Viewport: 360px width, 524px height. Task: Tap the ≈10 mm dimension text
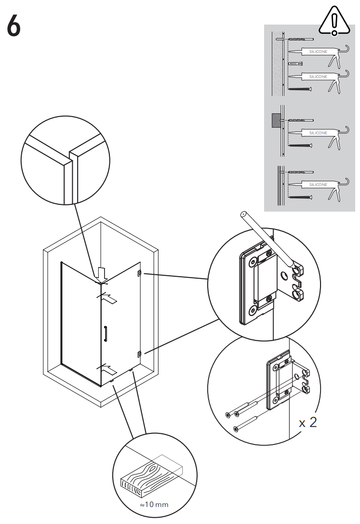[154, 504]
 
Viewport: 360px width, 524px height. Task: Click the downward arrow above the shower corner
[101, 274]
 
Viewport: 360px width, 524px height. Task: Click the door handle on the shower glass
[105, 334]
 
